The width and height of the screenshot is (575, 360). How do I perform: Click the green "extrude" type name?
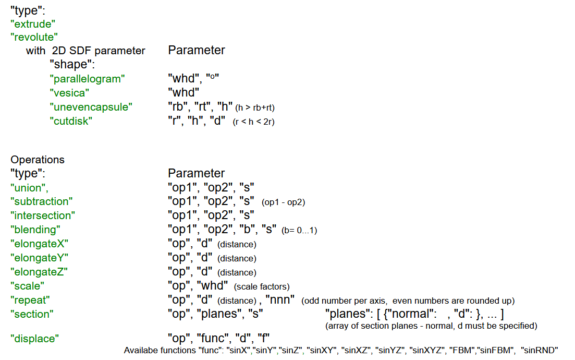tap(33, 24)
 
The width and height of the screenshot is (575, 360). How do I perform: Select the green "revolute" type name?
tap(34, 37)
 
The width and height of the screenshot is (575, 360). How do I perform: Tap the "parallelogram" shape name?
tap(87, 79)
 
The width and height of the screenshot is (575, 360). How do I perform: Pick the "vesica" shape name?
tap(69, 93)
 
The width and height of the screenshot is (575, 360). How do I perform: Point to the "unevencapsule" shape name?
tap(91, 107)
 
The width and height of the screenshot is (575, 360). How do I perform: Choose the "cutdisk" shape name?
tap(71, 121)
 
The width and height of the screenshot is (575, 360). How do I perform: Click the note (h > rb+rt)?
tap(255, 108)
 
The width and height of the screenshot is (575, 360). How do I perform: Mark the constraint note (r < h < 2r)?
tap(253, 122)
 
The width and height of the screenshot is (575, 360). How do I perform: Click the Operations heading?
tap(38, 160)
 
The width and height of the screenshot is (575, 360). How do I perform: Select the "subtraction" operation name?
tap(41, 201)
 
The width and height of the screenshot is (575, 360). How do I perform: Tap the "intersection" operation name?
tap(43, 215)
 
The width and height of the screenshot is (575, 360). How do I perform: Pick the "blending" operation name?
tap(35, 230)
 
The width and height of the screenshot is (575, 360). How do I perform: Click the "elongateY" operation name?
tap(39, 258)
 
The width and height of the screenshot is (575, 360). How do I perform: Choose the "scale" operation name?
tap(27, 286)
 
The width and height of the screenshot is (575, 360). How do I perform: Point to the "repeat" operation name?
tap(30, 300)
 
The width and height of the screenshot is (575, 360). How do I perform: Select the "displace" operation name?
tap(34, 339)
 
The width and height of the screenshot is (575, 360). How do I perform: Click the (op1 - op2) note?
tap(284, 202)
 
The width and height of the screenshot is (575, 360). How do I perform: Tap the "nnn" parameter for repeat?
tap(280, 299)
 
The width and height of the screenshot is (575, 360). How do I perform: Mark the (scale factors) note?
tap(262, 286)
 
